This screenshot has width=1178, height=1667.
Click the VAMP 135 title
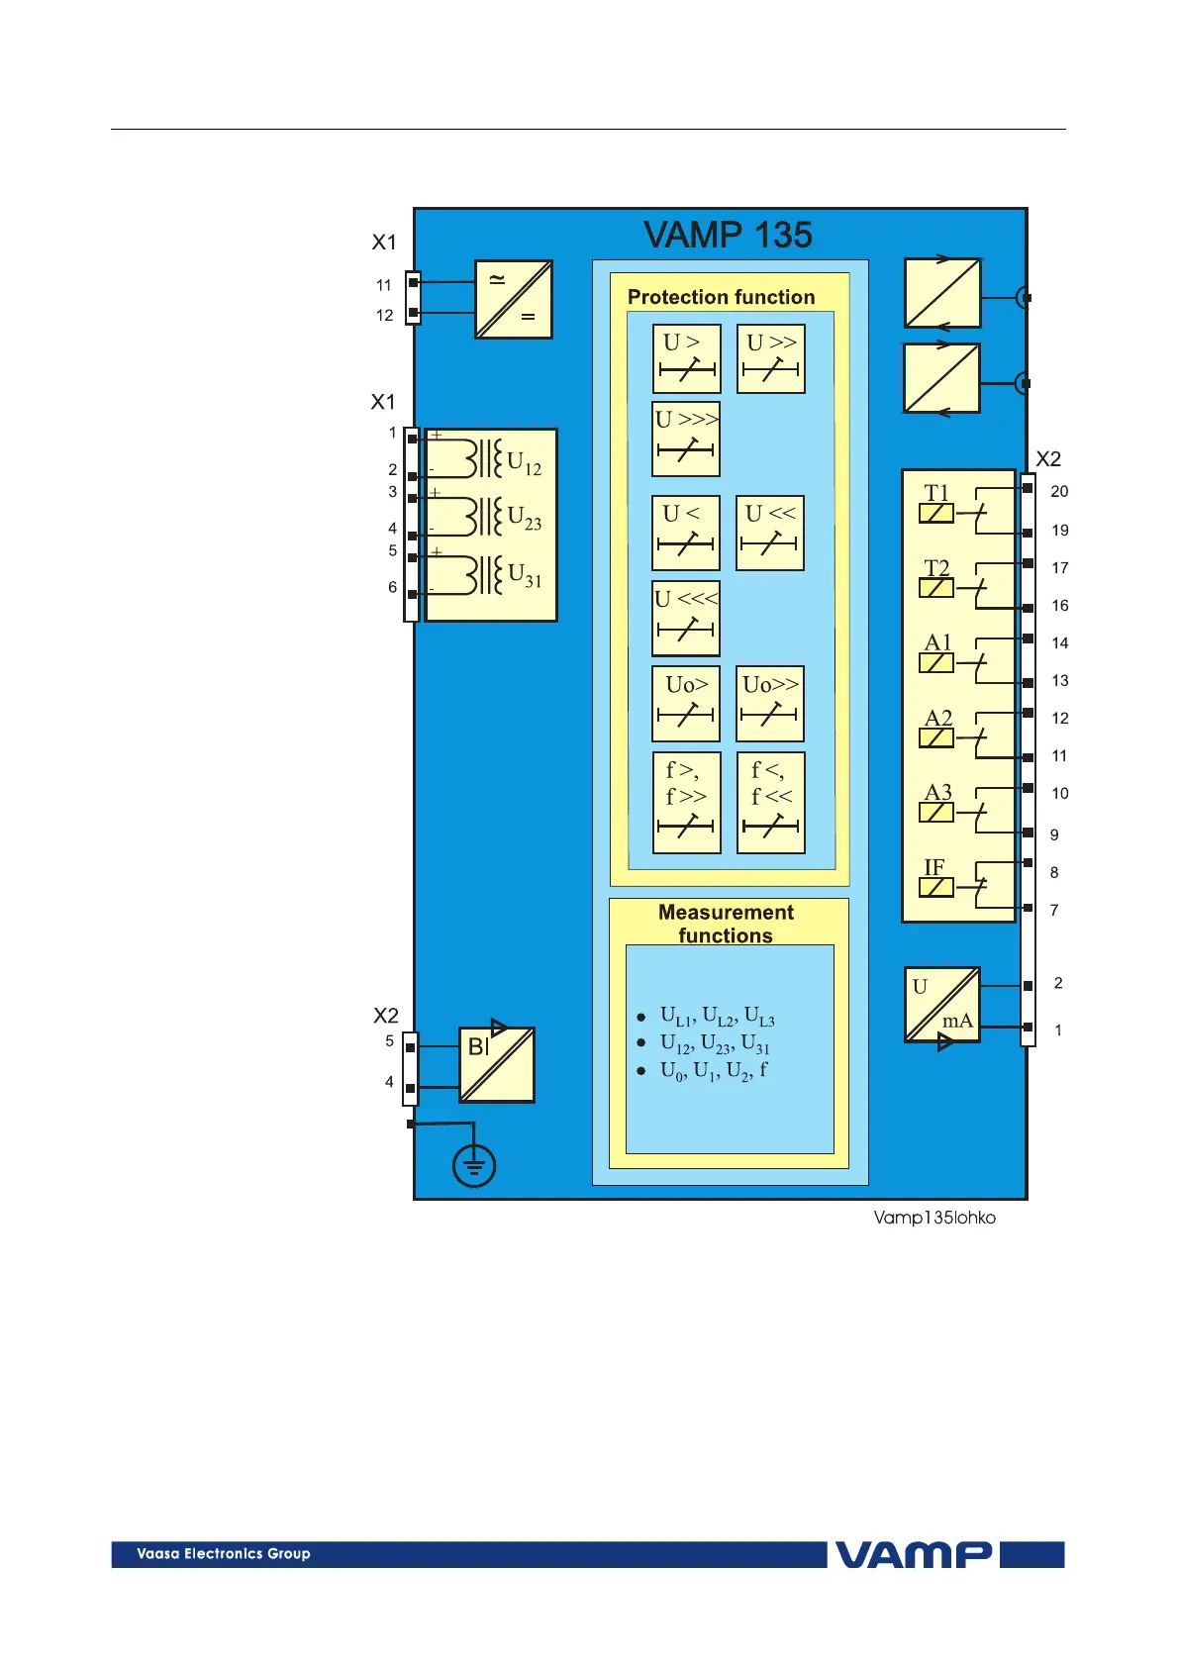(x=728, y=236)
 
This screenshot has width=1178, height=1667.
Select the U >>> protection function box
(x=686, y=439)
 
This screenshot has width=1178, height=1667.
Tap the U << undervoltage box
(x=770, y=533)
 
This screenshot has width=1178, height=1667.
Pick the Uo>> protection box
(x=770, y=704)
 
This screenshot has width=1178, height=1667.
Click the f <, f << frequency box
(x=771, y=803)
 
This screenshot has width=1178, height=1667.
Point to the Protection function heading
(x=721, y=297)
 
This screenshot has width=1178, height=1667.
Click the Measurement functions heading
(x=726, y=924)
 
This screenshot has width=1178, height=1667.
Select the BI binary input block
(x=497, y=1065)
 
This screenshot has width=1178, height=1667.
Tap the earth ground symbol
(x=474, y=1166)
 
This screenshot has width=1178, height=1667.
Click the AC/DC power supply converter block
(x=514, y=299)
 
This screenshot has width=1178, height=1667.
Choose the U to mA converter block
(x=942, y=1005)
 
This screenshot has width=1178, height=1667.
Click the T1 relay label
(x=936, y=493)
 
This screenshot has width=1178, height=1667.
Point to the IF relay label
(x=934, y=867)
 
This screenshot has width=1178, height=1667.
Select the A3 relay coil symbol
(x=936, y=813)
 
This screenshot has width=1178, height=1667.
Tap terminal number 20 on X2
(x=1059, y=491)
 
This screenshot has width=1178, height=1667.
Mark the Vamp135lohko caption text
(x=934, y=1218)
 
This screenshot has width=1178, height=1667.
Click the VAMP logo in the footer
(x=913, y=1554)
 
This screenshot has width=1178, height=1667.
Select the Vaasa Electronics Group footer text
(x=224, y=1554)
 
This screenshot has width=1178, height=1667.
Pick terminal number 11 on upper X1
(x=384, y=285)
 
